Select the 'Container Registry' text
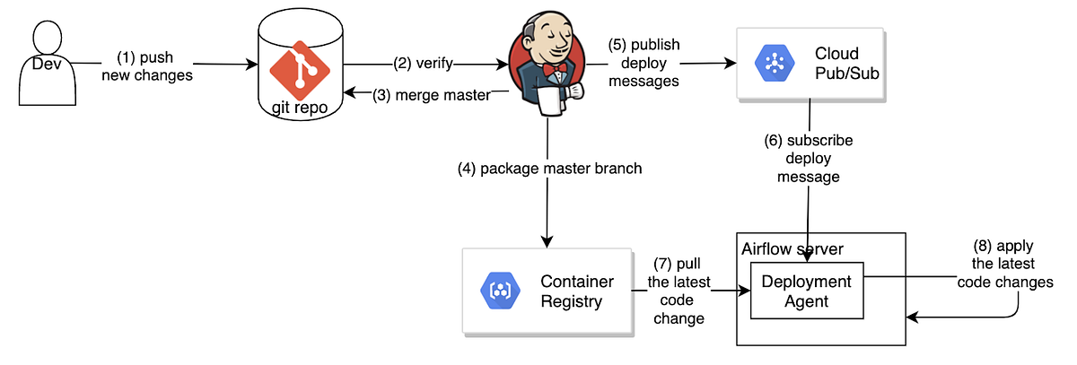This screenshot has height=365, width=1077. [x=576, y=291]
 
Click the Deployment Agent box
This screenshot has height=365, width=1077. [x=806, y=291]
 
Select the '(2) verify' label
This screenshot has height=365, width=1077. [x=422, y=65]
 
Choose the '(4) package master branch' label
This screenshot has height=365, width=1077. [x=547, y=169]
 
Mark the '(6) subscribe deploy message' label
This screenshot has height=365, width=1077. [x=809, y=159]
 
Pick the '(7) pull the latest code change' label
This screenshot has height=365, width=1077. [x=679, y=291]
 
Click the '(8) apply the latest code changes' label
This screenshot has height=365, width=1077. [x=1004, y=263]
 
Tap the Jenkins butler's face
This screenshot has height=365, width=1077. [x=550, y=40]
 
